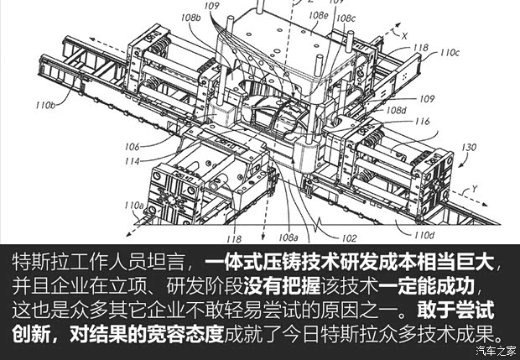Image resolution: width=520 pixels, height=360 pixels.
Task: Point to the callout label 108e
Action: pos(318,14)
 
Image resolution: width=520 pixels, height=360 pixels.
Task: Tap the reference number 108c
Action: pos(346,18)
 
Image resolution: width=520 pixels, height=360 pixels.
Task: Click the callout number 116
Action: pos(422,122)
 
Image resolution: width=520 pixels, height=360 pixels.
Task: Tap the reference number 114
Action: pos(133,160)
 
